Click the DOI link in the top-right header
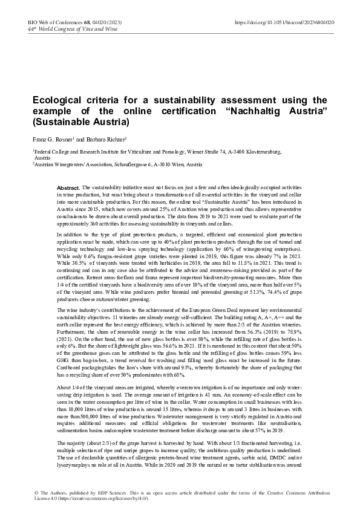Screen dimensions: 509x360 point(284,22)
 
